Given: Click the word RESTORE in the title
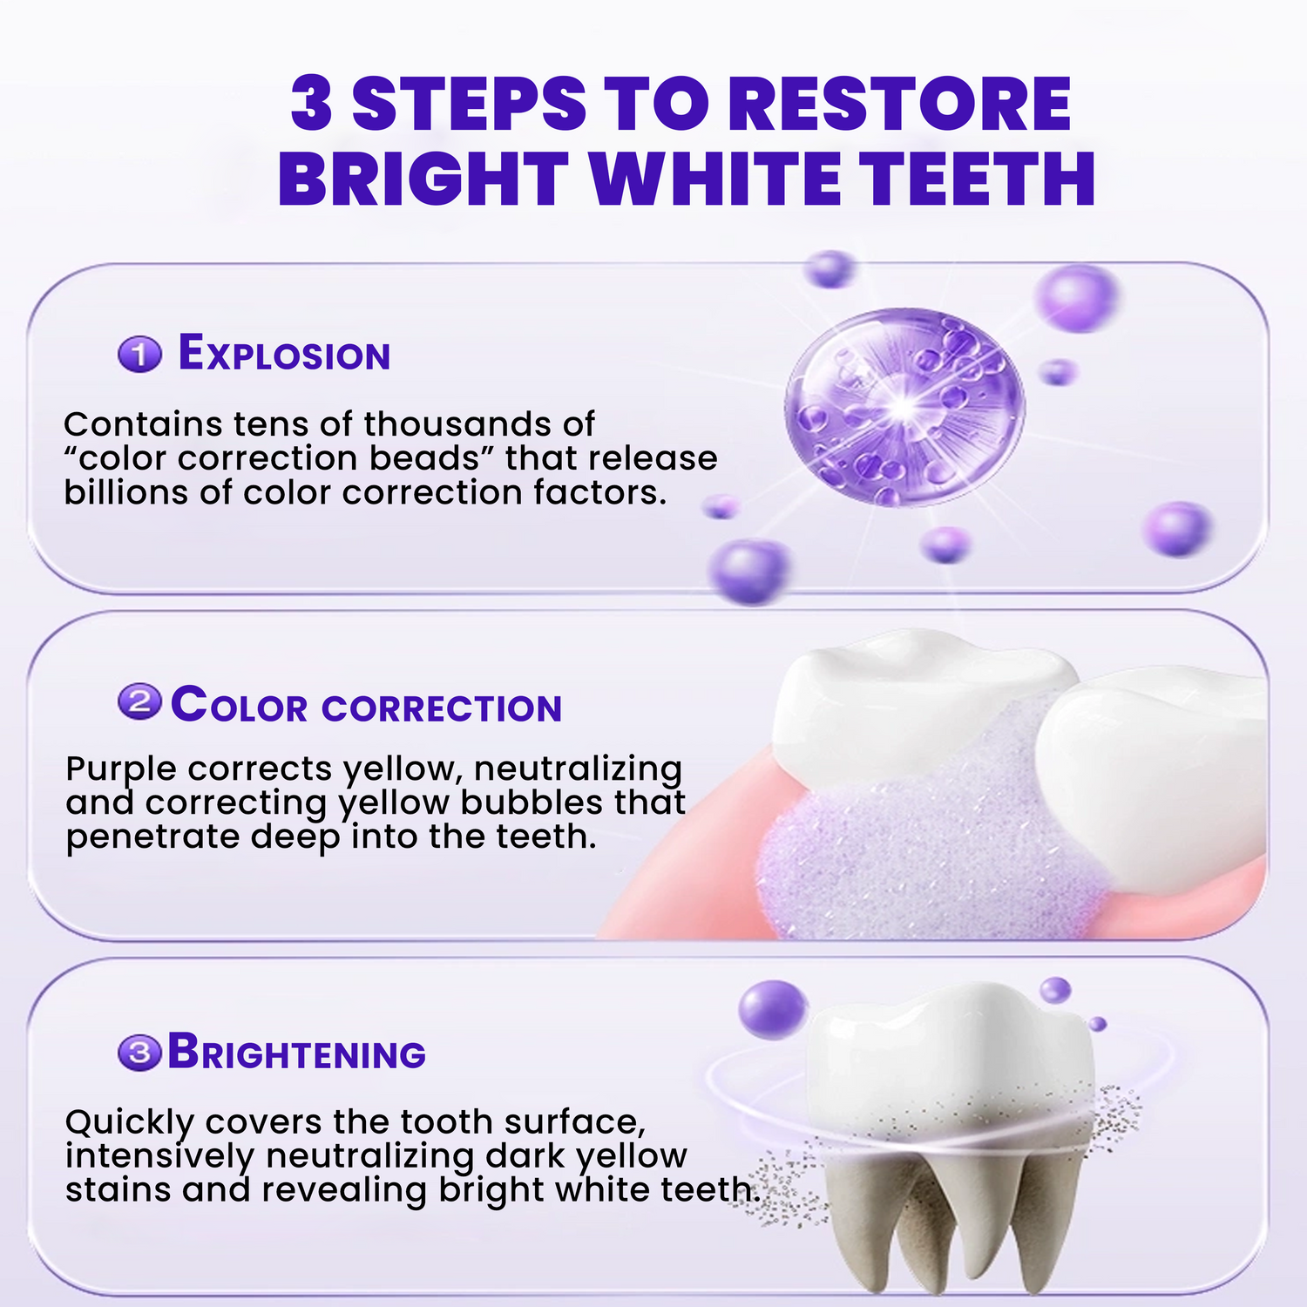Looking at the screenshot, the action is (x=898, y=104).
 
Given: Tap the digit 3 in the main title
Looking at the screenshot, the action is (x=312, y=104).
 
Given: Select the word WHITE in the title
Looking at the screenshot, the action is (x=715, y=179).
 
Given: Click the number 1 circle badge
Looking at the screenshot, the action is (x=139, y=354).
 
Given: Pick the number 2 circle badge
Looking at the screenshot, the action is (x=139, y=702).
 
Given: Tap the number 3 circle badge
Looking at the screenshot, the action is (x=139, y=1053).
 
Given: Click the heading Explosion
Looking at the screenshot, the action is (x=284, y=353).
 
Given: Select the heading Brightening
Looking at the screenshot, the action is (x=296, y=1051).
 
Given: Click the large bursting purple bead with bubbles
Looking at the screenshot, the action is (x=904, y=408).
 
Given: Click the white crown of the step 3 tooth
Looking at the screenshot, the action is (x=950, y=1054).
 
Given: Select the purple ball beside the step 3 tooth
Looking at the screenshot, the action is (x=773, y=1009).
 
